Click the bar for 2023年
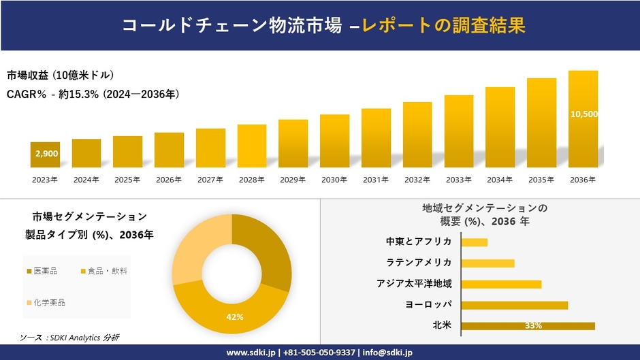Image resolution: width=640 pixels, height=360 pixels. point(45,154)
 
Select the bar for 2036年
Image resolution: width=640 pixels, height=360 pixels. point(583,119)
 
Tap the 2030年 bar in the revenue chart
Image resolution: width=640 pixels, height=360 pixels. point(334,141)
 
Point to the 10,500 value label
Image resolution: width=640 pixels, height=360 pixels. point(583,114)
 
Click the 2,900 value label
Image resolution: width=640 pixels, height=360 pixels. point(46,154)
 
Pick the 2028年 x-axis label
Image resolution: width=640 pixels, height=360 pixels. point(251,180)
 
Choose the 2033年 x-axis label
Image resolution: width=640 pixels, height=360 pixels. point(458,180)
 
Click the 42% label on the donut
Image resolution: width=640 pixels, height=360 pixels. point(235,317)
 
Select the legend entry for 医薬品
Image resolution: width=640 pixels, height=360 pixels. point(42,271)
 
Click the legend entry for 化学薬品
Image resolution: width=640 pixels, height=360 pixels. point(46,302)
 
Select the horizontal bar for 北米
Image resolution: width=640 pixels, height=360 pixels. point(528,326)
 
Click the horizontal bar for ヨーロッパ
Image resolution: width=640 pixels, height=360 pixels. point(514,305)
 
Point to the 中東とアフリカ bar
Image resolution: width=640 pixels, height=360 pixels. point(474,242)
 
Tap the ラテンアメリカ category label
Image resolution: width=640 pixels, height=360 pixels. point(419,263)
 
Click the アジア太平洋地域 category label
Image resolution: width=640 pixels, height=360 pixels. point(414,284)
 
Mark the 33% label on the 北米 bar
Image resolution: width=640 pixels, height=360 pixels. point(533,326)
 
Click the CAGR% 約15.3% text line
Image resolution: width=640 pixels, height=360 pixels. point(93,94)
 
